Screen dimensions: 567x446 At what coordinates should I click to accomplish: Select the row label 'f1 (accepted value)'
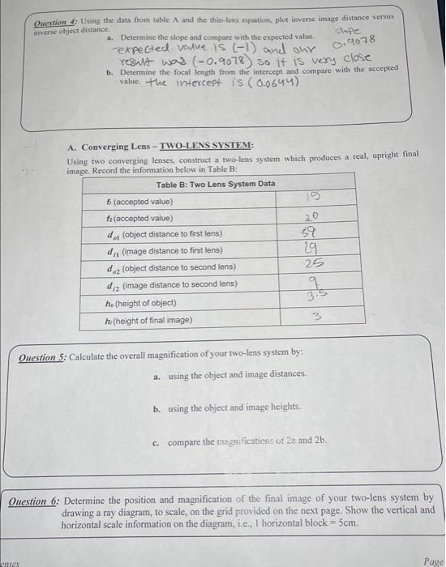[x=139, y=201]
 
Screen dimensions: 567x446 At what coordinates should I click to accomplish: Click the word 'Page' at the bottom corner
[x=433, y=560]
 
